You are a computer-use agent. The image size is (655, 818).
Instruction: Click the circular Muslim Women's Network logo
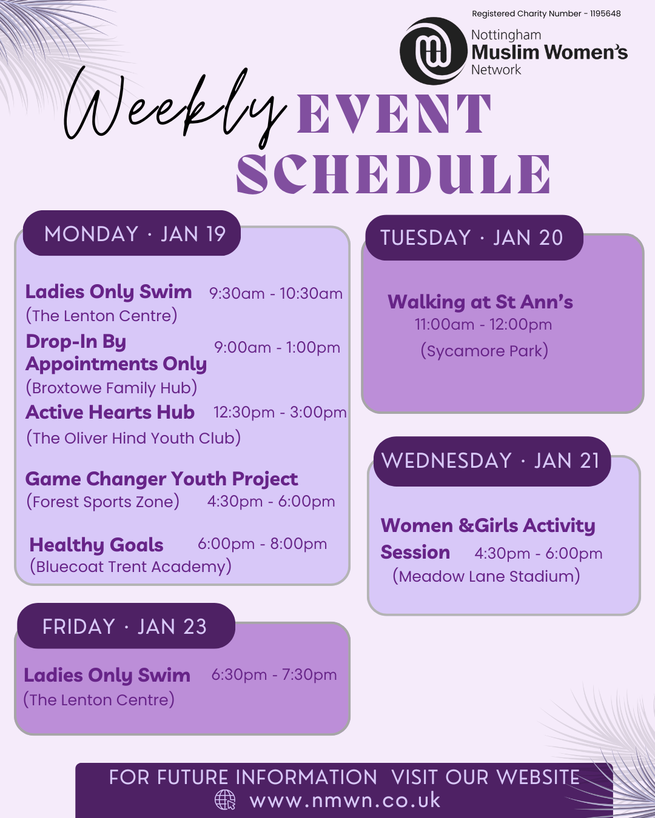pyautogui.click(x=433, y=51)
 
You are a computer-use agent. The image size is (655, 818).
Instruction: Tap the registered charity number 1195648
pyautogui.click(x=546, y=14)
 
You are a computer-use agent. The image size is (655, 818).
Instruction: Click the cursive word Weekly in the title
pyautogui.click(x=175, y=108)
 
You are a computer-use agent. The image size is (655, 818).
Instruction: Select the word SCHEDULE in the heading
pyautogui.click(x=394, y=173)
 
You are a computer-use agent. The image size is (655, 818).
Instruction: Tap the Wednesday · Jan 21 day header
pyautogui.click(x=492, y=461)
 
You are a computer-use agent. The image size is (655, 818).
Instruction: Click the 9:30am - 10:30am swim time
pyautogui.click(x=276, y=293)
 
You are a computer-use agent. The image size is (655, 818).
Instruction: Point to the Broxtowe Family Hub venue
pyautogui.click(x=112, y=388)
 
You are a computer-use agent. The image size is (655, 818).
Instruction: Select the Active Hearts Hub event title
pyautogui.click(x=110, y=412)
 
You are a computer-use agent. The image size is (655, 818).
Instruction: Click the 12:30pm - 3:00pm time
pyautogui.click(x=280, y=412)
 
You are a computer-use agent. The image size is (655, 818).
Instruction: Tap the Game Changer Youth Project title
pyautogui.click(x=161, y=479)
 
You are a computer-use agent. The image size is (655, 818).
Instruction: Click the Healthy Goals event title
pyautogui.click(x=96, y=545)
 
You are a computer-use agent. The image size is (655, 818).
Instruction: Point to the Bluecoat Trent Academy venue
pyautogui.click(x=130, y=567)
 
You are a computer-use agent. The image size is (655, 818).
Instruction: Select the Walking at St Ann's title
pyautogui.click(x=480, y=302)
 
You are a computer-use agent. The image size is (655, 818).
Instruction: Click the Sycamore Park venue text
pyautogui.click(x=485, y=350)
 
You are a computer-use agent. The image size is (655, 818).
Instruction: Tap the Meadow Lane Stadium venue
pyautogui.click(x=486, y=576)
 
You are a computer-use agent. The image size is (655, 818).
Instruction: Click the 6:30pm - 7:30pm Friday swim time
pyautogui.click(x=274, y=674)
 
